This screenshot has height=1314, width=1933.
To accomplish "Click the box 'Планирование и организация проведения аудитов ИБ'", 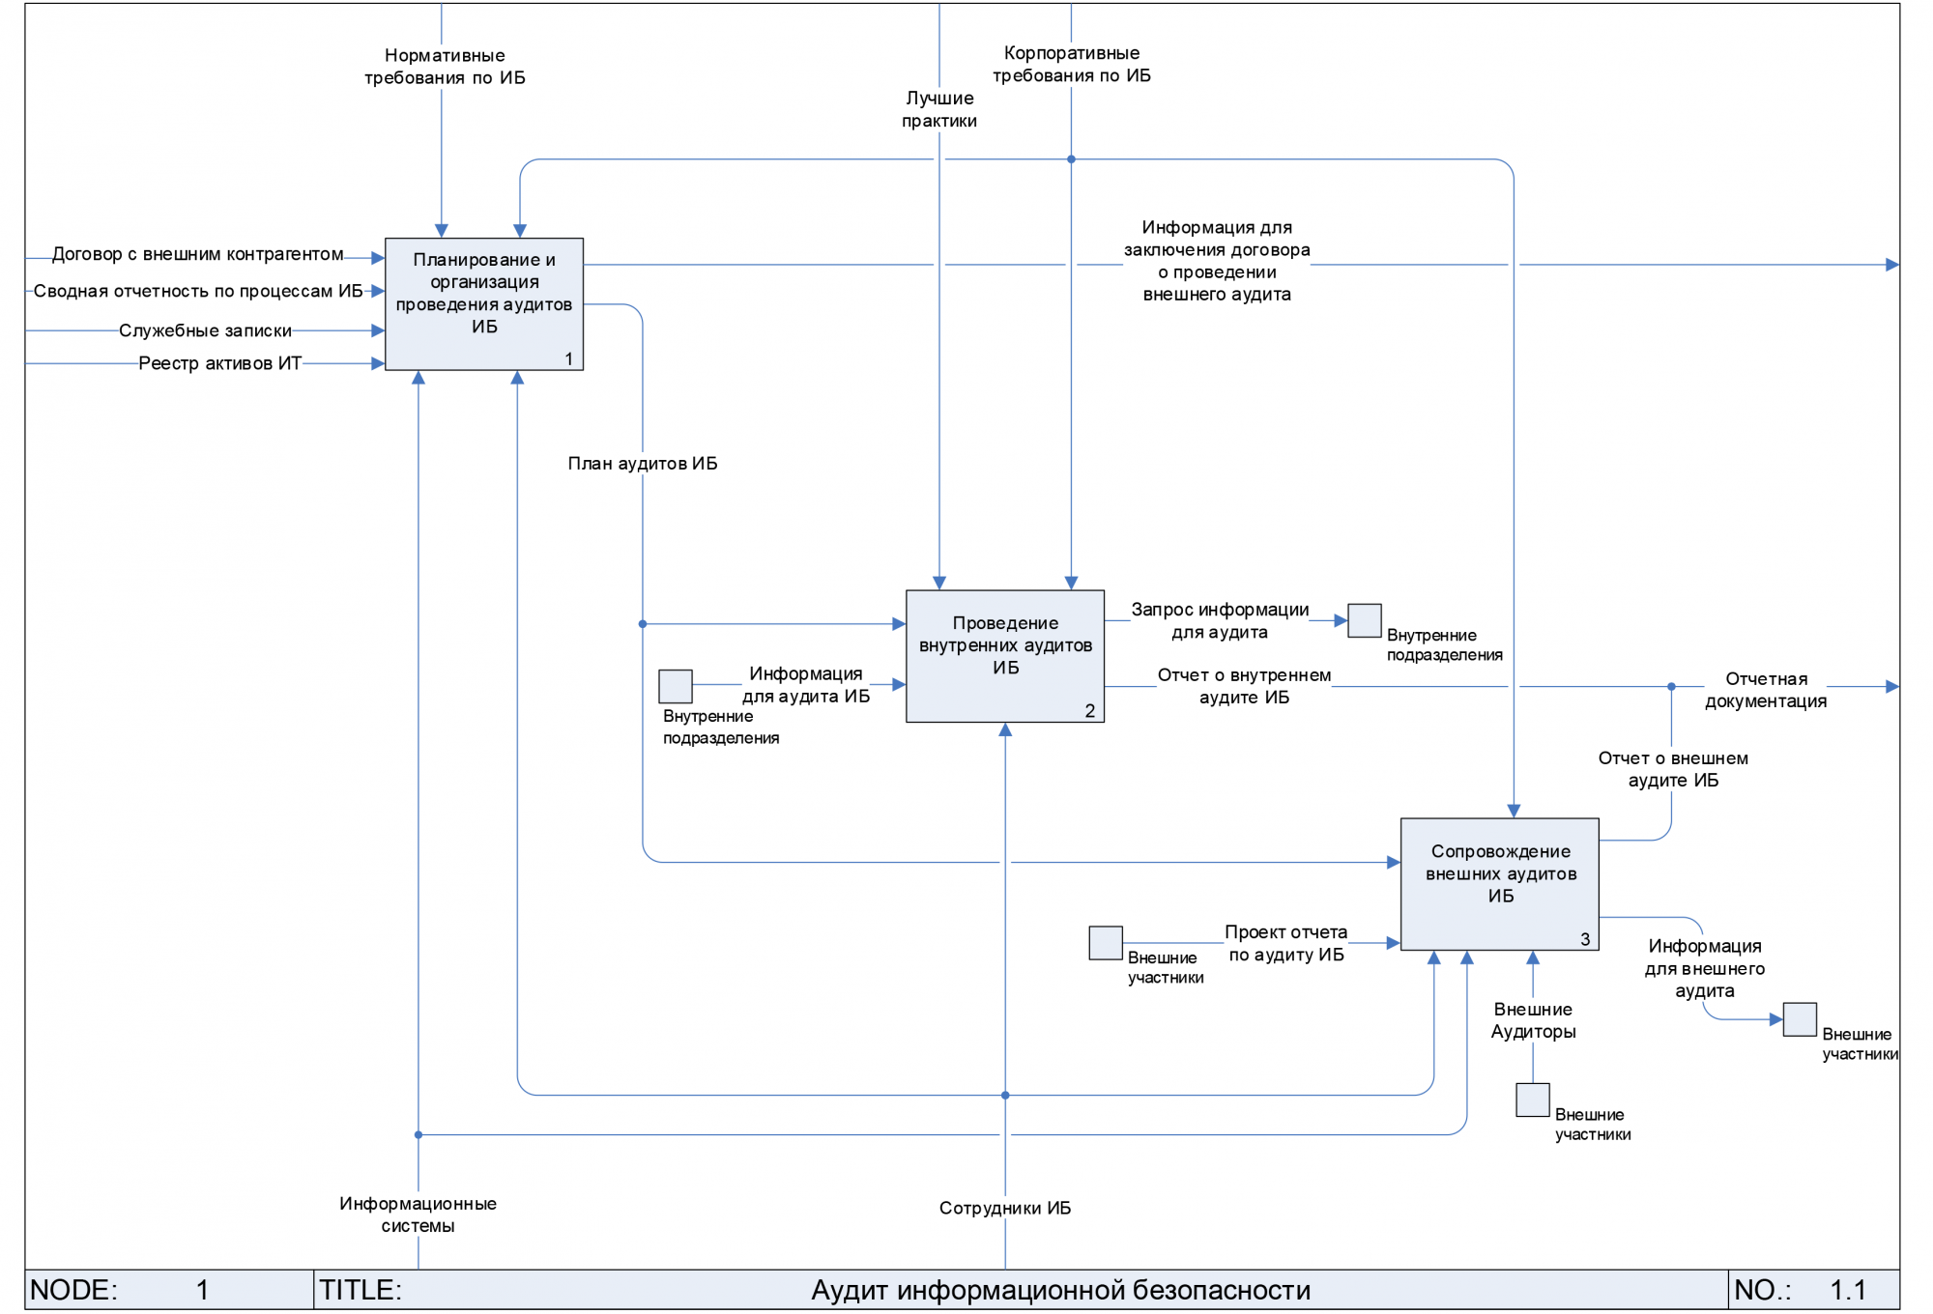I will pos(483,303).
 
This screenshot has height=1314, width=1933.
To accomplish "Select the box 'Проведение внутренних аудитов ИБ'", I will pos(1004,655).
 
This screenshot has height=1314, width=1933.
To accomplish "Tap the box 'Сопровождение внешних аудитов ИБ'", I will pos(1499,883).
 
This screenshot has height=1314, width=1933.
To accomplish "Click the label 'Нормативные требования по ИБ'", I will pos(445,67).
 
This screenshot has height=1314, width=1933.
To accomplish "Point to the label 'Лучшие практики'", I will pos(939,109).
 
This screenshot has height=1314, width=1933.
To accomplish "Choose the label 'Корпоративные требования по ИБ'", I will pos(1072,65).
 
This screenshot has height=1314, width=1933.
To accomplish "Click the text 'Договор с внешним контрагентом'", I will pos(197,254).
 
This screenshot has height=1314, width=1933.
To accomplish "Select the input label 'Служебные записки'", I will pos(205,330).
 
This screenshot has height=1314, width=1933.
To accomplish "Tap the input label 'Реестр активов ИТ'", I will pos(219,363).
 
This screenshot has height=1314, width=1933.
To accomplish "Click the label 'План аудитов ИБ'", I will pos(643,464).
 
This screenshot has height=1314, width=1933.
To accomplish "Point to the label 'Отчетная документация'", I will pos(1766,690).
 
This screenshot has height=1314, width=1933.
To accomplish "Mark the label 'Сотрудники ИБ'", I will pos(1005,1208).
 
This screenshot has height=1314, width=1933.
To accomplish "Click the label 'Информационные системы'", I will pos(418,1214).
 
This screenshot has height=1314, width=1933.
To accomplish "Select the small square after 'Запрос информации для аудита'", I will pos(1364,620).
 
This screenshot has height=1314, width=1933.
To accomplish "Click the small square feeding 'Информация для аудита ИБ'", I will pos(675,686).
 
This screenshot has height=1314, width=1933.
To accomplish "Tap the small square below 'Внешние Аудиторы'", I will pos(1532,1100).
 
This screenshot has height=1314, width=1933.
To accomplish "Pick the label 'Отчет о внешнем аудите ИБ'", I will pos(1673,769).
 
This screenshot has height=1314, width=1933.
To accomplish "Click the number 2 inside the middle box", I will pos(1089,711).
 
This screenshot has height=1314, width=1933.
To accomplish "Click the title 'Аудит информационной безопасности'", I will pos(1060,1290).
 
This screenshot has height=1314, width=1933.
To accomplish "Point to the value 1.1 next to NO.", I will pos(1847,1290).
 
